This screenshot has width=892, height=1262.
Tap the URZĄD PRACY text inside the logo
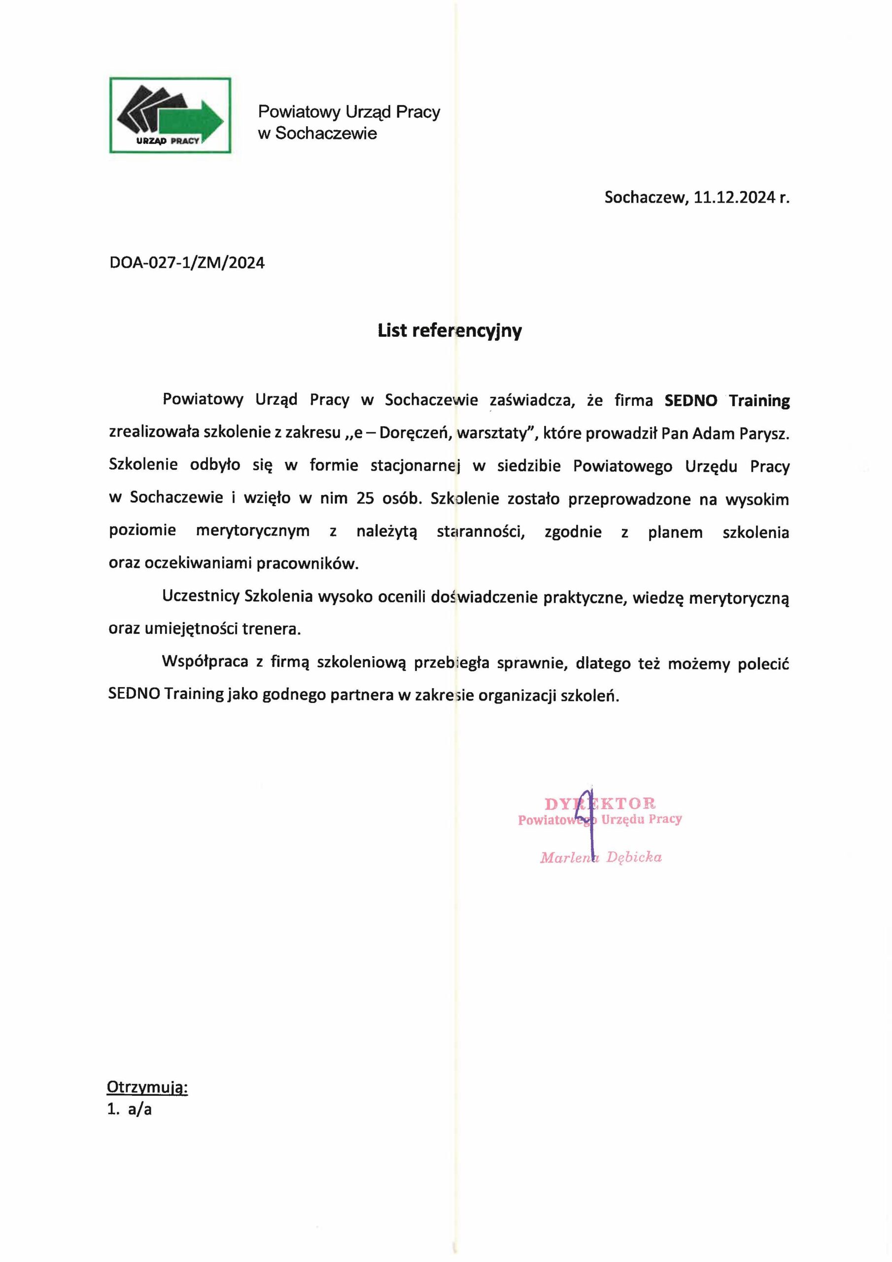tap(168, 140)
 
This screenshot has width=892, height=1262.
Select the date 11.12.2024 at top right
tap(734, 197)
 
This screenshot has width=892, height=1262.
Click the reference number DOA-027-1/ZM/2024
tap(187, 263)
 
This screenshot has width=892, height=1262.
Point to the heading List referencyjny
tap(449, 330)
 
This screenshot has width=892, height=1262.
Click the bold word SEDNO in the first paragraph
tap(690, 401)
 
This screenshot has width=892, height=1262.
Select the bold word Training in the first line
tap(759, 401)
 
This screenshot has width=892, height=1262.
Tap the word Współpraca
tap(205, 663)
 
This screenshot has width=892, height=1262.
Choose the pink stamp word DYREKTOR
tap(600, 804)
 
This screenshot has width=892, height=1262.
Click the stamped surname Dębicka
tap(634, 857)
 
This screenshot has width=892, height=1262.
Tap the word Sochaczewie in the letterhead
tap(326, 134)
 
